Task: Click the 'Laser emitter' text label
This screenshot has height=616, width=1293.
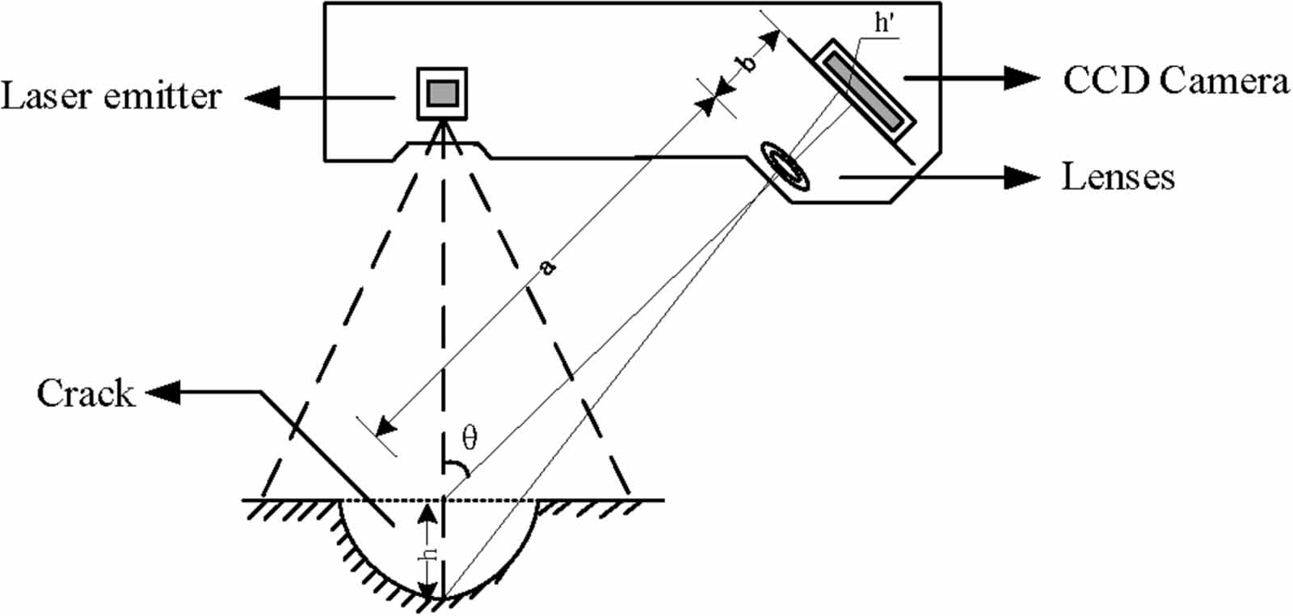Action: click(111, 97)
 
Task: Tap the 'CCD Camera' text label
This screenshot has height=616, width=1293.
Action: click(1175, 81)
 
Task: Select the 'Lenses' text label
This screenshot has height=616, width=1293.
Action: click(1118, 177)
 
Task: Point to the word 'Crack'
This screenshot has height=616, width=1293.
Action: click(85, 394)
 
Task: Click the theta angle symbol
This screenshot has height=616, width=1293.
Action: click(470, 437)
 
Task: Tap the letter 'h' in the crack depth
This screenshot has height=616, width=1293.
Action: click(432, 554)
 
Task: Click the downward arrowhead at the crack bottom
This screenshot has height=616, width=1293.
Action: click(431, 591)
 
